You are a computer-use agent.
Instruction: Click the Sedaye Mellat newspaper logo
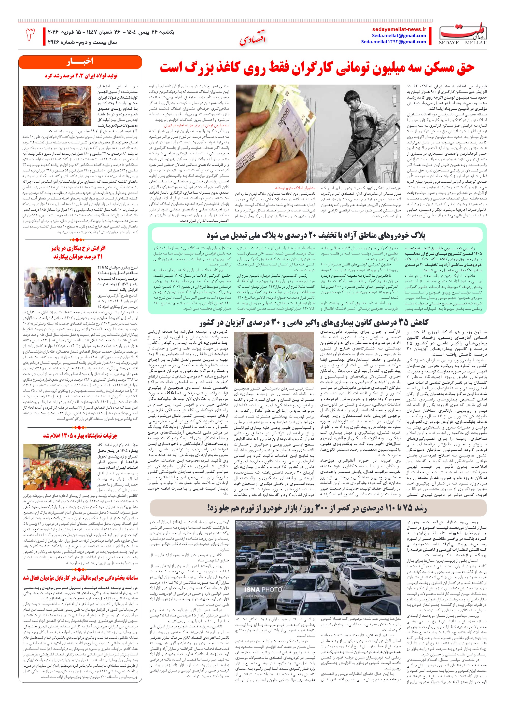(x=463, y=33)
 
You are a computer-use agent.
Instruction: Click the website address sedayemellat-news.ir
(x=399, y=29)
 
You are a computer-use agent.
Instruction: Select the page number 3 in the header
(x=30, y=34)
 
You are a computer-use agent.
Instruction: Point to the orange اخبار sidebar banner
(x=80, y=61)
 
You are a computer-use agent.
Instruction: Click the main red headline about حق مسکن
(x=317, y=68)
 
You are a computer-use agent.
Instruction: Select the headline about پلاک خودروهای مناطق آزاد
(x=316, y=236)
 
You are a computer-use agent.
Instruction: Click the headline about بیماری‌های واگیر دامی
(x=314, y=323)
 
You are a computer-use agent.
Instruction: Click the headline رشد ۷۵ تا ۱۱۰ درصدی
(x=317, y=508)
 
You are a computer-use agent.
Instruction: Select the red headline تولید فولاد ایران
(x=81, y=76)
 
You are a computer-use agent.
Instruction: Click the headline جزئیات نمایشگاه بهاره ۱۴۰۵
(x=80, y=436)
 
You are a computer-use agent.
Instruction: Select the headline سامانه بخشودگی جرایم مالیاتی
(x=80, y=578)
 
